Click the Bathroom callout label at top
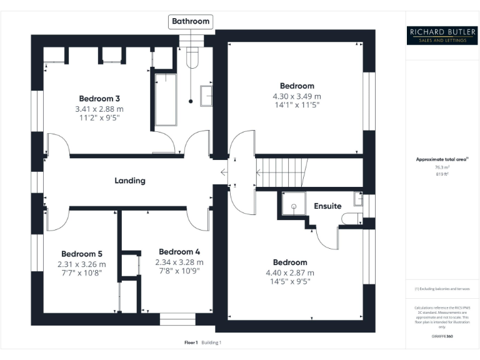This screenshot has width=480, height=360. (x=191, y=21)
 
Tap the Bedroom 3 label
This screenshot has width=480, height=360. (x=99, y=98)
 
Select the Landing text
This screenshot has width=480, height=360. (x=129, y=181)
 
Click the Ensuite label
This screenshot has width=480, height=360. (x=327, y=206)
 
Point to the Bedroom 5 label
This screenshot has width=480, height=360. (x=81, y=254)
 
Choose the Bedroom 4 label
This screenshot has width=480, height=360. (x=179, y=252)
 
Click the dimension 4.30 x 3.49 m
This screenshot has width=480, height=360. (x=297, y=97)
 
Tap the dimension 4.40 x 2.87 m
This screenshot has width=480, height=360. (x=290, y=272)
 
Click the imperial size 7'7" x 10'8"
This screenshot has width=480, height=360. (x=81, y=273)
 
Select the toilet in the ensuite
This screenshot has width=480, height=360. (x=352, y=218)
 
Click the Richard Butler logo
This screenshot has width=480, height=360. (x=442, y=35)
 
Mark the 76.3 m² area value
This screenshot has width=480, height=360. (x=442, y=167)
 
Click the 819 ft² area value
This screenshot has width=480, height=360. (x=442, y=174)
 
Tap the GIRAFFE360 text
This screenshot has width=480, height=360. (x=442, y=336)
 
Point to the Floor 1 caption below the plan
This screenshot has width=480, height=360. (x=191, y=342)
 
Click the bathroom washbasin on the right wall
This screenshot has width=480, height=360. (x=206, y=96)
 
